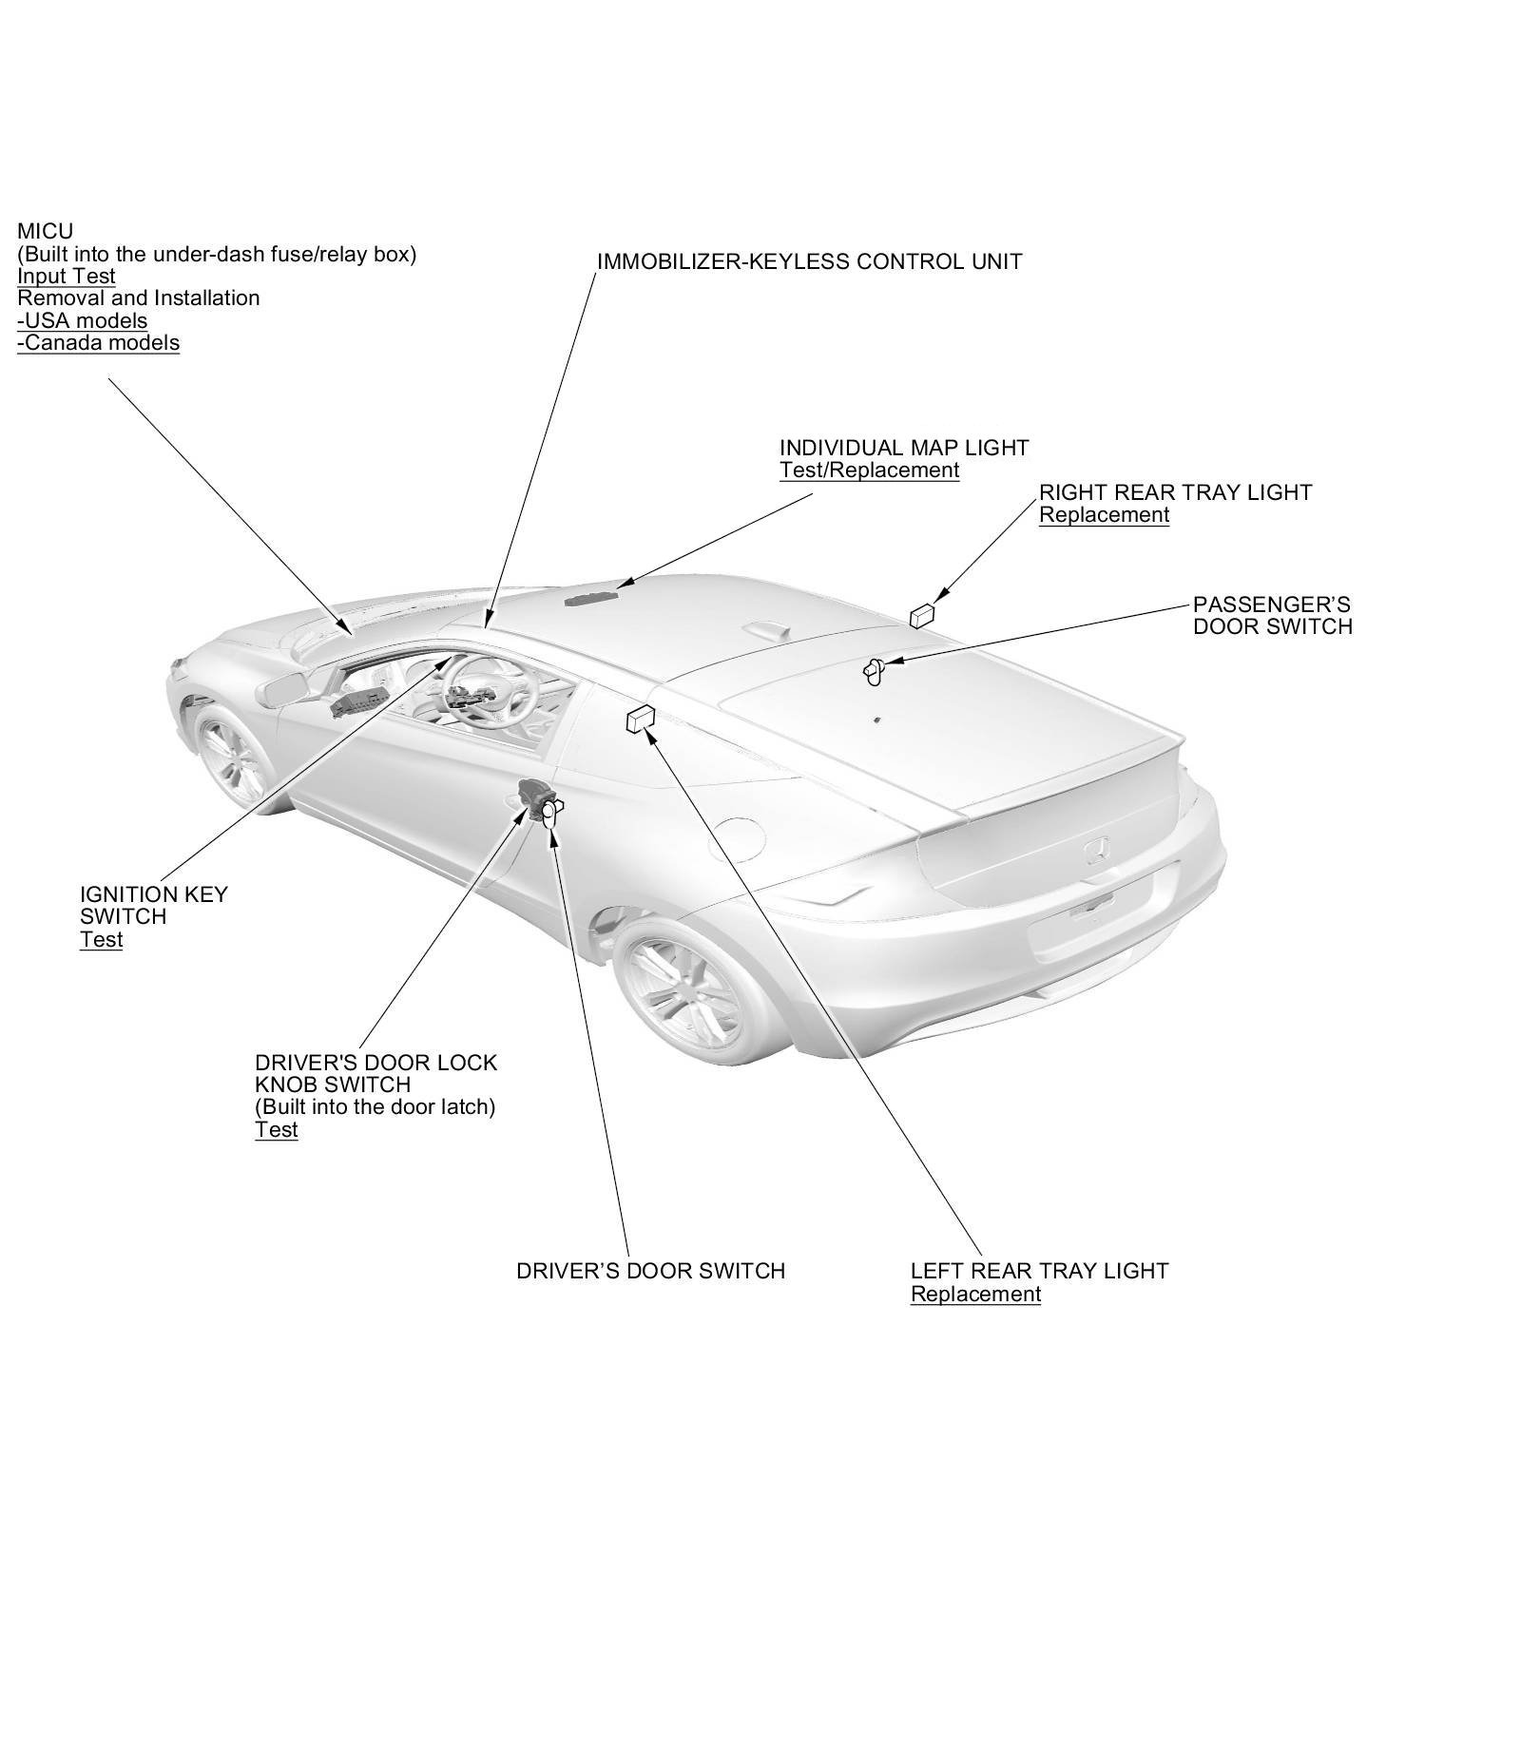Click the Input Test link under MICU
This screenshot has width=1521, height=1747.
tap(67, 277)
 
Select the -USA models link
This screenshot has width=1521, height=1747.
tap(83, 320)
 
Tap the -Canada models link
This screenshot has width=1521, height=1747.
tap(98, 343)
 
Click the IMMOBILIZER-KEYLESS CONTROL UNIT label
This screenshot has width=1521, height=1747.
tap(809, 261)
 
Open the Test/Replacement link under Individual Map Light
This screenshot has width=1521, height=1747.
tap(869, 470)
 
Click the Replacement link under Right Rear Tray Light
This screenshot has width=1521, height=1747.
tap(1103, 515)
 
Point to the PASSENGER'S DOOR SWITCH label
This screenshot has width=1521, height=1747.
tap(1272, 616)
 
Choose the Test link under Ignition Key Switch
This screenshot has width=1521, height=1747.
tap(101, 940)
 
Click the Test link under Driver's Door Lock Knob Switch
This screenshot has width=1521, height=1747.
tap(276, 1130)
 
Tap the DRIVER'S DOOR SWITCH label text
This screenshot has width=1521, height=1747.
tap(650, 1272)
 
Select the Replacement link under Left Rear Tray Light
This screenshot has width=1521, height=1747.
tap(975, 1295)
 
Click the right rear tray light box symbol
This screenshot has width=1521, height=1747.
tap(921, 616)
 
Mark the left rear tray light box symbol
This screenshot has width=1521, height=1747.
tap(639, 720)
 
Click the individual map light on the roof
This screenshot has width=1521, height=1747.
tap(589, 597)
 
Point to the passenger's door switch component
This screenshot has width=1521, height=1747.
tap(873, 671)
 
